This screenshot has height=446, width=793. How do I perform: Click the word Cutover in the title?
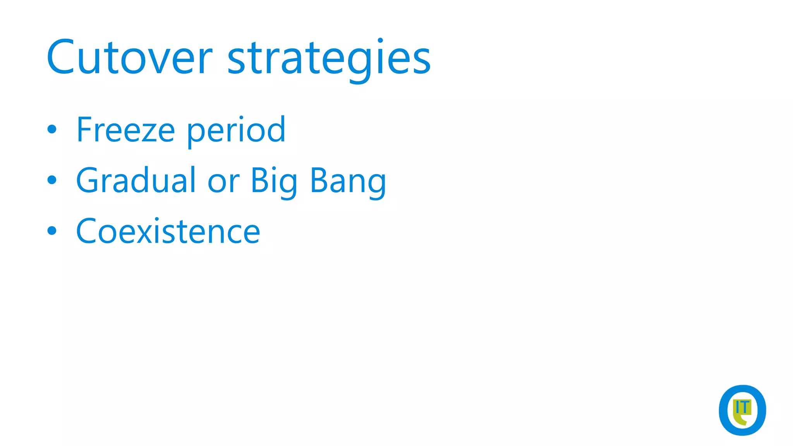tap(129, 58)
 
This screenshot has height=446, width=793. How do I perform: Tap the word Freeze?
tap(126, 130)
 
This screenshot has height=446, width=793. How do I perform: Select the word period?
tap(236, 131)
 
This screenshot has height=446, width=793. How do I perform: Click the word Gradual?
tap(136, 180)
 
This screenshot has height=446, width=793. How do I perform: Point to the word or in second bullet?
tap(223, 182)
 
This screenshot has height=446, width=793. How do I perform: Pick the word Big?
tap(274, 181)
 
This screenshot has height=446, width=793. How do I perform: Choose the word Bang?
tap(348, 181)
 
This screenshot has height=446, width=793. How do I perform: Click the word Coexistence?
tap(168, 232)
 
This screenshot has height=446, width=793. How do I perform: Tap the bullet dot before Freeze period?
tap(52, 129)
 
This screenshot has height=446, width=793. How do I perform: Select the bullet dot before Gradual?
tap(52, 180)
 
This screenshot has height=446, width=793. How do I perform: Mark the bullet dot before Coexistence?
tap(52, 231)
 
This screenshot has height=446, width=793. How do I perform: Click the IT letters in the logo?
tap(742, 407)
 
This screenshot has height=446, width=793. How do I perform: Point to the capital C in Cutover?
tap(60, 57)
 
